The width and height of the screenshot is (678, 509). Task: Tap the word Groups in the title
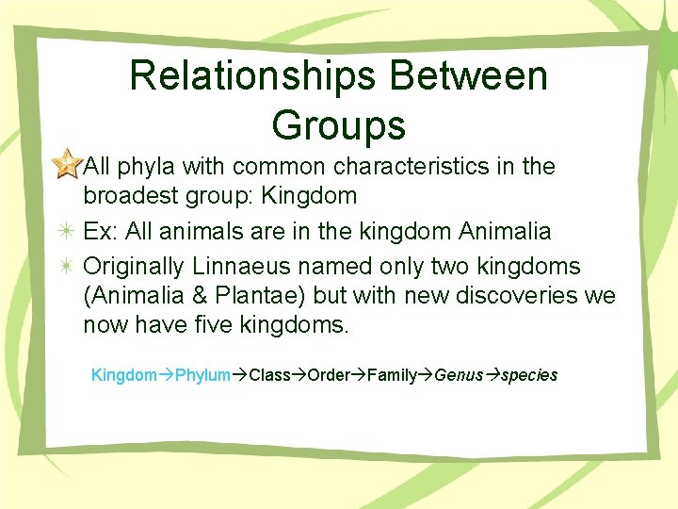338,124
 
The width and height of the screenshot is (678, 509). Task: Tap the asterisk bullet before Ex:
67,231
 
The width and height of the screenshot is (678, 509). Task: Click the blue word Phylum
202,375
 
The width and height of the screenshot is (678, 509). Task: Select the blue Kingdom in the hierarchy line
123,375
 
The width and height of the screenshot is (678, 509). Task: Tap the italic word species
529,375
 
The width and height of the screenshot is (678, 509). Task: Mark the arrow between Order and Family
359,375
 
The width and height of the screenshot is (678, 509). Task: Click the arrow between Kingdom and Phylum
166,375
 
